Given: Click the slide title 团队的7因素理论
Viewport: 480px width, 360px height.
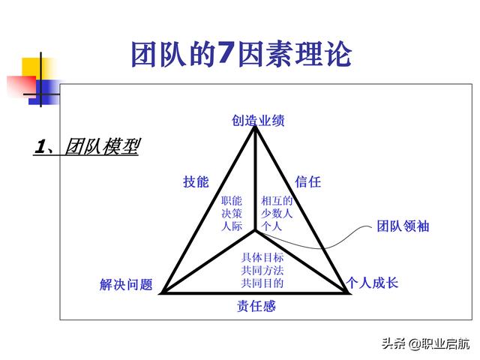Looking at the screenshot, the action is [x=241, y=54].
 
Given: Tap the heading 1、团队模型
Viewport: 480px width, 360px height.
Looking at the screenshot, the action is [x=87, y=146].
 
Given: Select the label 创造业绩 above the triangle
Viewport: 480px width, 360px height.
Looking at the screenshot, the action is [x=258, y=120].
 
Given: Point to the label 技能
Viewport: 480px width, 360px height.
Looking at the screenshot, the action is [x=196, y=181].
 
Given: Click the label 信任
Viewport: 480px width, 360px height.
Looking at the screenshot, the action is [x=308, y=181].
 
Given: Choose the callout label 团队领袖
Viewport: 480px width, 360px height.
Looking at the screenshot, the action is [x=403, y=226].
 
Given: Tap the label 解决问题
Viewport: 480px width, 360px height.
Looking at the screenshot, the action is [x=126, y=284].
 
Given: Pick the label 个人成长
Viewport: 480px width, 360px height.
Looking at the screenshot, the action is [x=372, y=283].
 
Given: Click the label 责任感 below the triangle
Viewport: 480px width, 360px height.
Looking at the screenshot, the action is [x=256, y=306].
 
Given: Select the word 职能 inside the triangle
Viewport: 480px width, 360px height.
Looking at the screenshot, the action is [x=232, y=201].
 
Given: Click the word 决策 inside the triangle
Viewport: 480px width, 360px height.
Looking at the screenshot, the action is [x=232, y=213].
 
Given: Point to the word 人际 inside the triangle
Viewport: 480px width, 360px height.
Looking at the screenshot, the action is [x=232, y=226].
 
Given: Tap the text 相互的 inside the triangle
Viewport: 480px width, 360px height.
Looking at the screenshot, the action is [x=277, y=201].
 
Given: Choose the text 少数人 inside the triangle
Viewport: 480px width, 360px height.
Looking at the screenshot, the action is [x=277, y=213].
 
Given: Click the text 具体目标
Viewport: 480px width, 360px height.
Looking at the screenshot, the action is [x=262, y=257].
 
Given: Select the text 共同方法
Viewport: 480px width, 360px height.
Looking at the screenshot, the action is [x=262, y=270].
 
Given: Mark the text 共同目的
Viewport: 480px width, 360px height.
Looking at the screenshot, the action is [x=262, y=283].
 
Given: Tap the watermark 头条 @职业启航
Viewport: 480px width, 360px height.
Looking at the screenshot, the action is [x=425, y=343].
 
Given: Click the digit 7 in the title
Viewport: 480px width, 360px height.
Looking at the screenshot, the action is [x=225, y=52].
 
